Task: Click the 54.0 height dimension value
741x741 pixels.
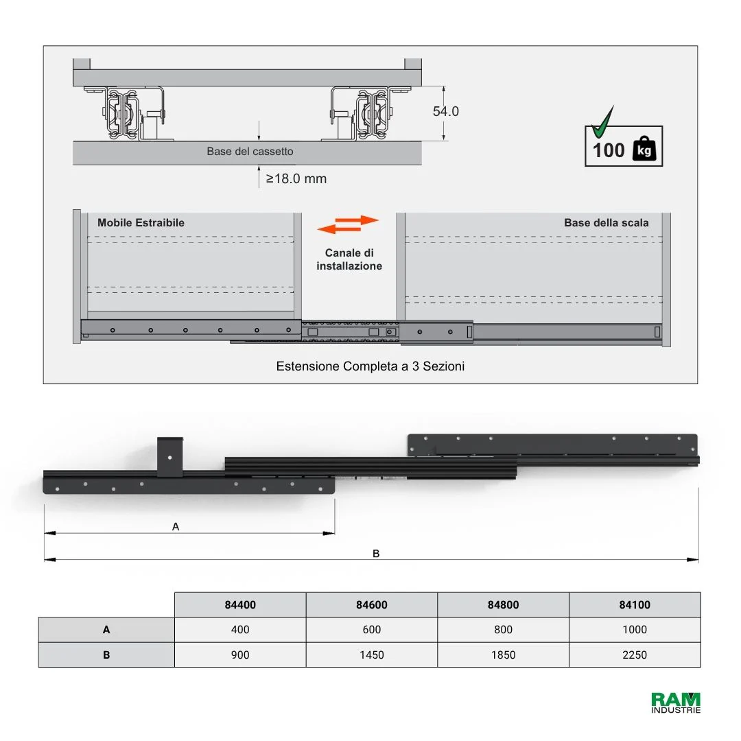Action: pos(446,112)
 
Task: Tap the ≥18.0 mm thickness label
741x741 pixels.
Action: pos(296,178)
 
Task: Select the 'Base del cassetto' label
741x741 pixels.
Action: pos(250,151)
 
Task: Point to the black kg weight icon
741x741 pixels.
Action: pos(644,149)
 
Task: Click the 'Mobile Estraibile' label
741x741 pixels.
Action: pos(141,222)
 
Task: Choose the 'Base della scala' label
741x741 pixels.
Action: pos(607,222)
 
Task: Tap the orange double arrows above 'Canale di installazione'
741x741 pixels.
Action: pos(349,224)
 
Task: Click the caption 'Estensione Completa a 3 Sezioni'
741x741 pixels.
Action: pos(370,366)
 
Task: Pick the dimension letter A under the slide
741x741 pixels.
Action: pos(176,526)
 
